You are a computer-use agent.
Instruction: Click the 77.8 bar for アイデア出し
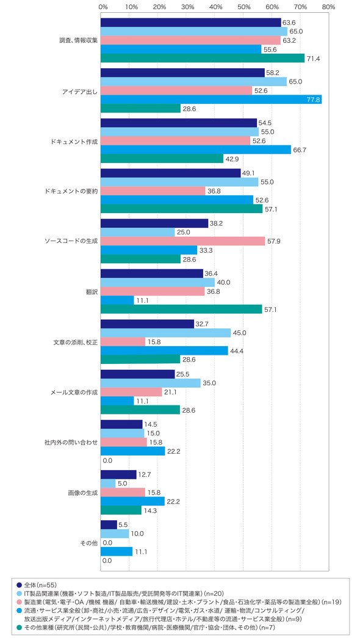click(x=211, y=100)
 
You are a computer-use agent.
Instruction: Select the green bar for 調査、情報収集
click(x=203, y=58)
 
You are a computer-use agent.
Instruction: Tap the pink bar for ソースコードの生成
click(x=182, y=241)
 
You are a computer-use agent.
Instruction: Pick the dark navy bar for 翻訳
click(x=152, y=274)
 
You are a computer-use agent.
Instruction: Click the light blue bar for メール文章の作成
click(x=151, y=383)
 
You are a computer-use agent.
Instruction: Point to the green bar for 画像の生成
click(x=121, y=510)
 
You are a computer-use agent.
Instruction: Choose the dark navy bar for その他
click(x=109, y=525)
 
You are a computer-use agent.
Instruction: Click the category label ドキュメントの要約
click(x=71, y=190)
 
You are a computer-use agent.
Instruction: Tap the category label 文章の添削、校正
click(x=76, y=342)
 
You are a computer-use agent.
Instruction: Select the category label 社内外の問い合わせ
click(x=71, y=442)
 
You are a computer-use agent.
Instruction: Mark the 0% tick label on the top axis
click(x=103, y=7)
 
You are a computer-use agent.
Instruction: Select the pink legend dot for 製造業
click(x=19, y=601)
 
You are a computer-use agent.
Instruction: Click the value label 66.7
click(x=300, y=150)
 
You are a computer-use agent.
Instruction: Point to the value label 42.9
click(x=232, y=159)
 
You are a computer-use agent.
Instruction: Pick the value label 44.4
click(x=236, y=350)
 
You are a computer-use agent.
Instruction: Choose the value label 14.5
click(x=151, y=424)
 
